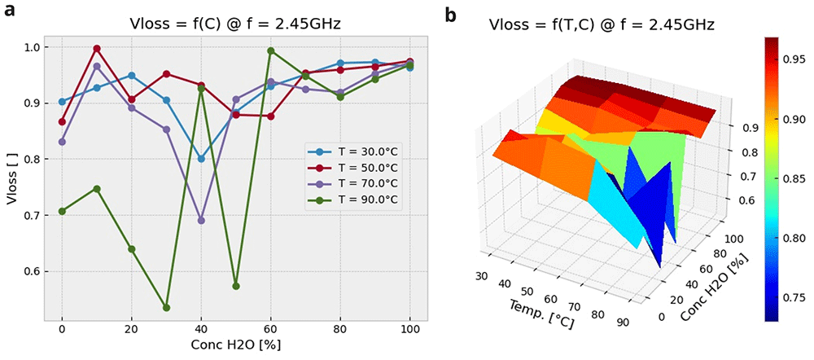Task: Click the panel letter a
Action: click(x=9, y=11)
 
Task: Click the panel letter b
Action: click(x=451, y=15)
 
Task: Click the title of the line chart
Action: click(x=234, y=24)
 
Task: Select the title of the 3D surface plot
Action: click(x=603, y=24)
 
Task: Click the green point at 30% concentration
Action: click(x=166, y=308)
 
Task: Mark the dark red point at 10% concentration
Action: click(x=97, y=48)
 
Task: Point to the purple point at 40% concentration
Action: click(x=201, y=221)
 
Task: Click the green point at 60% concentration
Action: click(x=270, y=50)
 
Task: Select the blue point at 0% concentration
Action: click(x=62, y=102)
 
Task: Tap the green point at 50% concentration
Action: click(x=236, y=286)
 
